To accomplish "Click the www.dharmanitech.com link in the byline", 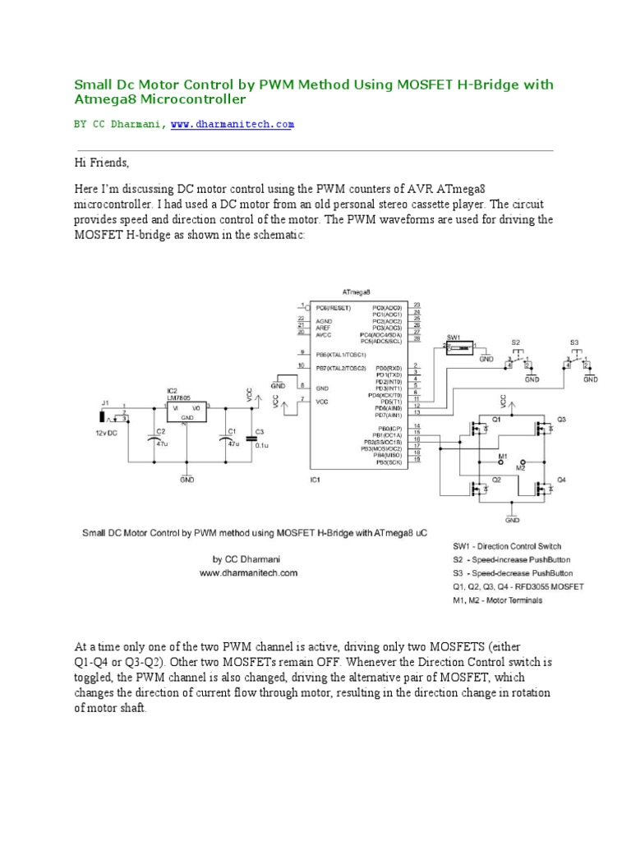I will (x=232, y=124).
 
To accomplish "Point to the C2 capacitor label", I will (x=160, y=430).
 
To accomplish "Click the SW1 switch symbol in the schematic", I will (x=458, y=348).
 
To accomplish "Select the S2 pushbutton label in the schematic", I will (x=515, y=341).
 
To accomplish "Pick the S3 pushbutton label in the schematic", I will (x=573, y=341).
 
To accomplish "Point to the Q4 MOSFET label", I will (x=561, y=479).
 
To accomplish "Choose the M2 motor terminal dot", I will (x=523, y=462).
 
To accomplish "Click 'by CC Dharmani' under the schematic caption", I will (x=246, y=558).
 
